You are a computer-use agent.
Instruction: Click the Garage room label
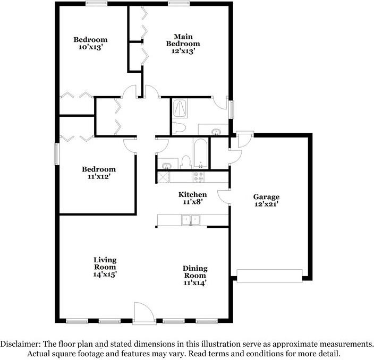[266, 196]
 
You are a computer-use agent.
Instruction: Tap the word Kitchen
[192, 195]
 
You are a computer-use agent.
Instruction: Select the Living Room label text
[105, 263]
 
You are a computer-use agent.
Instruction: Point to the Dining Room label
[195, 272]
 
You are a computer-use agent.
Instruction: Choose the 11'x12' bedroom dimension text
[98, 177]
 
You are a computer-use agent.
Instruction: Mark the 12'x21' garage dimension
[266, 204]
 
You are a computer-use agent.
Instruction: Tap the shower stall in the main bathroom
[180, 108]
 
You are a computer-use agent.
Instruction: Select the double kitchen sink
[190, 219]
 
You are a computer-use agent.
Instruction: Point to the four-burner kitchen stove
[199, 176]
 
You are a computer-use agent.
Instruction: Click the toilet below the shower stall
[180, 127]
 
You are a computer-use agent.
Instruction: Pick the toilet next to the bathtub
[186, 160]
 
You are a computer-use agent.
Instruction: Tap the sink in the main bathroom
[216, 131]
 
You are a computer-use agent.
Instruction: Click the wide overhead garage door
[269, 275]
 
